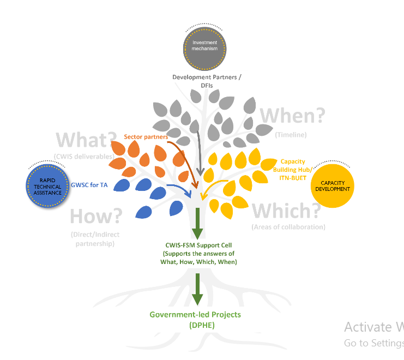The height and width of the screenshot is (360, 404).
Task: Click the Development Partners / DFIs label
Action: (207, 81)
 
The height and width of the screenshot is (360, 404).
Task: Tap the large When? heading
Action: (292, 116)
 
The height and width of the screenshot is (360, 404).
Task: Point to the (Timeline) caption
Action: (291, 135)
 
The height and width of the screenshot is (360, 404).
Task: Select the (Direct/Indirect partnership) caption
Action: (95, 239)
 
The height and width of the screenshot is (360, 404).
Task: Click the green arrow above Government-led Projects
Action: (197, 289)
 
